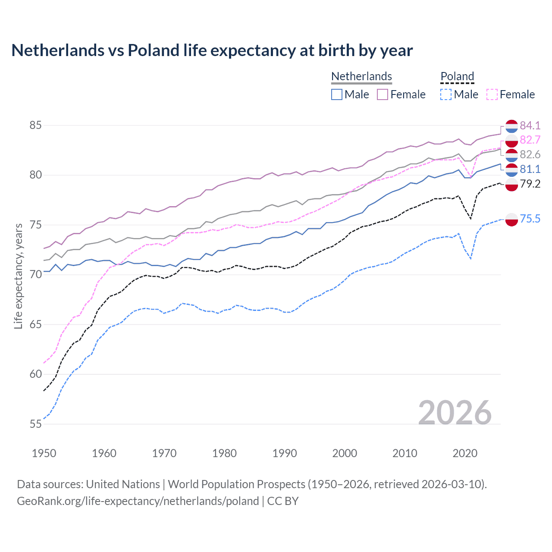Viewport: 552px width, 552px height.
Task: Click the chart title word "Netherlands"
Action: (x=58, y=50)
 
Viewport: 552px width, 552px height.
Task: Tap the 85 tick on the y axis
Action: (x=35, y=125)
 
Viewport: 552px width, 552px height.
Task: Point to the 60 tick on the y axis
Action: (x=35, y=374)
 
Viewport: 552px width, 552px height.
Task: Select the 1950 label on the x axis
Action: (x=44, y=453)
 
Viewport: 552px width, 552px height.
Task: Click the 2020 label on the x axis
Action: (x=465, y=453)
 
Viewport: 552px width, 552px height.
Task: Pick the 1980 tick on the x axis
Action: (x=224, y=453)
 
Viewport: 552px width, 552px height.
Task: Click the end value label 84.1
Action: (x=530, y=125)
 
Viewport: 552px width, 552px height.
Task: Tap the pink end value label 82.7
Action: (x=530, y=140)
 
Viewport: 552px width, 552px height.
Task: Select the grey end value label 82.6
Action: (x=530, y=154)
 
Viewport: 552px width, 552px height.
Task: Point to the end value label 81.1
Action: (x=530, y=169)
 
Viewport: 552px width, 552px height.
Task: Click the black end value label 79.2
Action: (x=530, y=184)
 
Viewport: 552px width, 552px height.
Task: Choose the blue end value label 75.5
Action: (x=530, y=219)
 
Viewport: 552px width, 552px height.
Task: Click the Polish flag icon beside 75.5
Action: (x=511, y=219)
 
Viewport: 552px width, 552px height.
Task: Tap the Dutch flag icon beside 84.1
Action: (x=511, y=126)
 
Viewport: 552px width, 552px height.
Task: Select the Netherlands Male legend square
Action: (x=337, y=94)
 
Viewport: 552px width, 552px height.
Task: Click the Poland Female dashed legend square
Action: (x=492, y=94)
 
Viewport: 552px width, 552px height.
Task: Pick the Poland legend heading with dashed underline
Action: (x=457, y=76)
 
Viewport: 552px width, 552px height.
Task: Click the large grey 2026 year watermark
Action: (x=455, y=413)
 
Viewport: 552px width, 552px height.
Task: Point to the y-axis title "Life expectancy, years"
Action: (x=18, y=276)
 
